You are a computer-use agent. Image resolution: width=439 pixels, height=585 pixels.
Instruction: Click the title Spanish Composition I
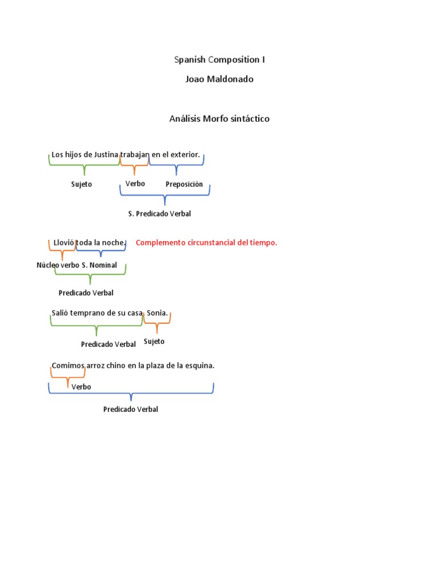click(219, 59)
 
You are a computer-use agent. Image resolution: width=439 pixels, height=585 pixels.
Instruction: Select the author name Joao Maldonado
click(219, 79)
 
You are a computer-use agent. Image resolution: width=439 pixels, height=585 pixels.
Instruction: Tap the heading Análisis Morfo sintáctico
click(219, 119)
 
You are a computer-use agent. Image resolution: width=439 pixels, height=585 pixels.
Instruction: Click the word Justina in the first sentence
click(105, 154)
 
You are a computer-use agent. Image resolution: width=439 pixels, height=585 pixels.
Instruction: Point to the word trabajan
click(135, 154)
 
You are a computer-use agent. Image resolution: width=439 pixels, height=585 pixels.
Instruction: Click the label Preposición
click(184, 184)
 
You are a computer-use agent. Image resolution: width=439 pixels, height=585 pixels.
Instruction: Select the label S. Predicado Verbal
click(159, 214)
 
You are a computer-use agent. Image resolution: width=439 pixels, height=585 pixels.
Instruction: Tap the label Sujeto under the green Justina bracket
click(81, 185)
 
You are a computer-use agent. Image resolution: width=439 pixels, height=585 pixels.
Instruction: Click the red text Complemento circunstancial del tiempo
click(206, 243)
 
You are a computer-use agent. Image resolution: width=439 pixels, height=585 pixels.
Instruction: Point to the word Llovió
click(64, 243)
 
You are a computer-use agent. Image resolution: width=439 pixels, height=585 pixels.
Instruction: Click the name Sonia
click(157, 313)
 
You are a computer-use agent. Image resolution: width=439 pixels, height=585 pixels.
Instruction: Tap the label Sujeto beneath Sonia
click(154, 341)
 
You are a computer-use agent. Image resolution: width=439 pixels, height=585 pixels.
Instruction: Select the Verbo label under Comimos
click(81, 387)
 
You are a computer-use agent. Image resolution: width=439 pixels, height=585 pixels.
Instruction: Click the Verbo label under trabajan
click(135, 183)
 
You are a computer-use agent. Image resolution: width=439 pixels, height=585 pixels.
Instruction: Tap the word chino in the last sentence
click(118, 366)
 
